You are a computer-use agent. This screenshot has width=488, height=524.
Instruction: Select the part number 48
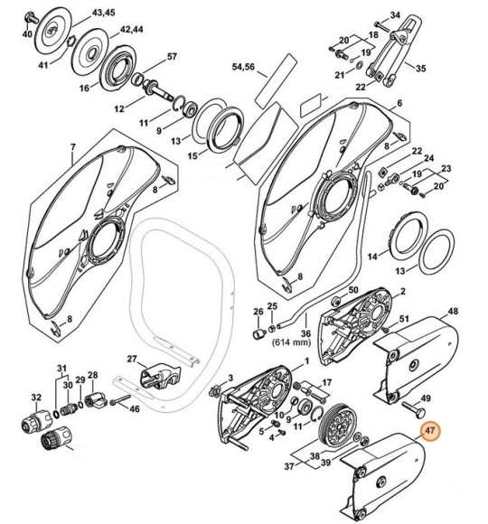click(452, 313)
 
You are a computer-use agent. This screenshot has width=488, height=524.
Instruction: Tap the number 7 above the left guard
click(71, 145)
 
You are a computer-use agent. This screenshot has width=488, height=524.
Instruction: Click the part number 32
click(36, 398)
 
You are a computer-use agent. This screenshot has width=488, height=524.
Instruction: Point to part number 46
click(134, 409)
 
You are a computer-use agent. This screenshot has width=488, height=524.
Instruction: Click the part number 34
click(394, 15)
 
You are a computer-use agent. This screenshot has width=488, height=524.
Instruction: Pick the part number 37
click(288, 467)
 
